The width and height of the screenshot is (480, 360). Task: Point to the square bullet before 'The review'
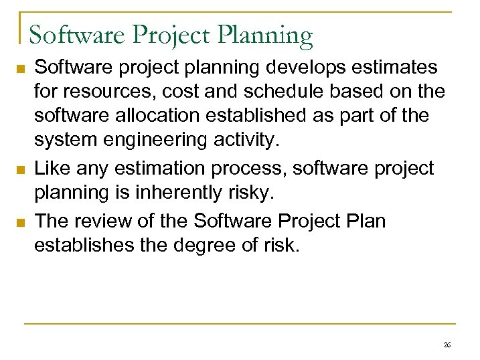21,221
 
